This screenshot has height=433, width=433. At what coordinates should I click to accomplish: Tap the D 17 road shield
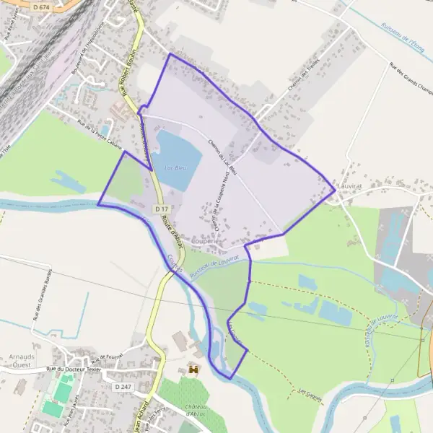pyautogui.click(x=160, y=208)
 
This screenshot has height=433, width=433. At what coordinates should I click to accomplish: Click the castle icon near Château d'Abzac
pyautogui.click(x=193, y=369)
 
